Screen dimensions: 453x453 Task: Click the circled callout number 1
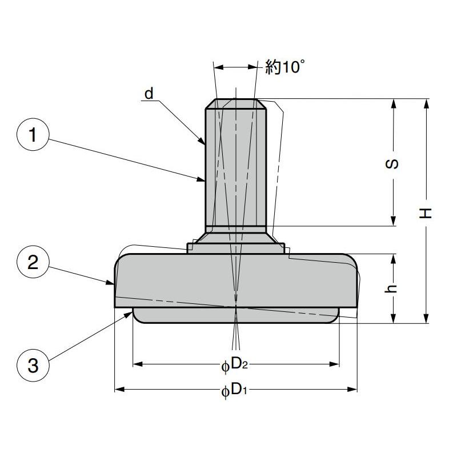coord(33,135)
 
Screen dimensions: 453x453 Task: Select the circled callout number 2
coord(33,263)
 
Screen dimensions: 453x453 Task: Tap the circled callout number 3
coord(33,364)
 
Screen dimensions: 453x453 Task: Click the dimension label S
coord(393,165)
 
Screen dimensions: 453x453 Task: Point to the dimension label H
coord(426,213)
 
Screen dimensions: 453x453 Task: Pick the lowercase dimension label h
coord(393,289)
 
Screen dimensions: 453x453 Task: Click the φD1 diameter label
coord(234,390)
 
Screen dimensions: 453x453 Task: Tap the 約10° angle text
coord(282,67)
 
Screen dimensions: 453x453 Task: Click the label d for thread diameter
coord(149,93)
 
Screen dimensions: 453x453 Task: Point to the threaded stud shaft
coord(236,166)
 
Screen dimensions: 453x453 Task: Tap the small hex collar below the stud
coord(236,247)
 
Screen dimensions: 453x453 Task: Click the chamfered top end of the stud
coord(236,103)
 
